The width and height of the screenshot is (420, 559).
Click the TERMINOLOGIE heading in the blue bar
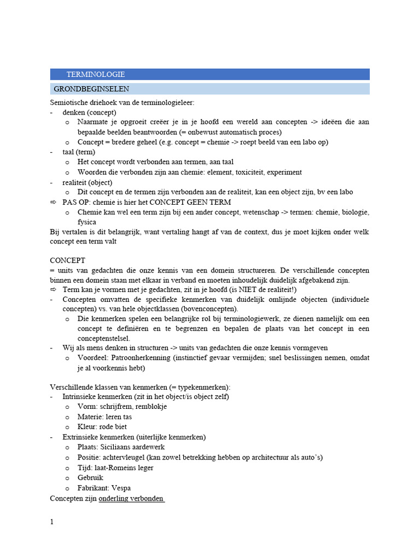pyautogui.click(x=95, y=74)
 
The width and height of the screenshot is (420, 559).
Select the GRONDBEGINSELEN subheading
pyautogui.click(x=91, y=88)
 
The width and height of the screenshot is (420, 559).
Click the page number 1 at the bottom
pyautogui.click(x=52, y=522)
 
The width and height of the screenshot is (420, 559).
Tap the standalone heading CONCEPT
pyautogui.click(x=67, y=261)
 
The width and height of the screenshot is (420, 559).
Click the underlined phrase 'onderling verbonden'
pyautogui.click(x=131, y=498)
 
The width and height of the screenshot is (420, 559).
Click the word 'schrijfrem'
pyautogui.click(x=116, y=407)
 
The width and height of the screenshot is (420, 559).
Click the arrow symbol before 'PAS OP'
pyautogui.click(x=53, y=202)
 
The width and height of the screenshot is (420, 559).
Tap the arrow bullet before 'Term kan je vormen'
pyautogui.click(x=53, y=290)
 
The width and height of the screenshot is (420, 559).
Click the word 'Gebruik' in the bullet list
pyautogui.click(x=90, y=478)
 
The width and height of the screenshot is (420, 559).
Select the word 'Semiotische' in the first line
pyautogui.click(x=69, y=102)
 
